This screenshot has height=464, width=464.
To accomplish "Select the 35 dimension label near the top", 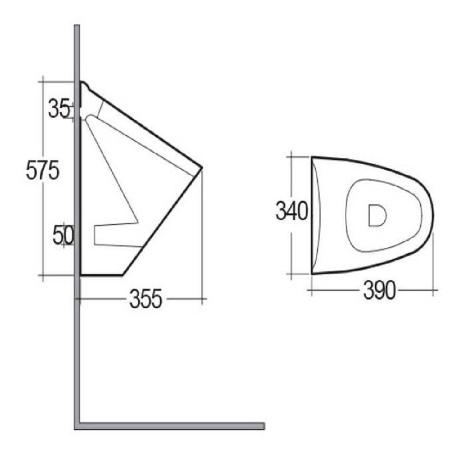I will [58, 110].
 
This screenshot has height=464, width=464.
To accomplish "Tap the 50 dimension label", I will [63, 235].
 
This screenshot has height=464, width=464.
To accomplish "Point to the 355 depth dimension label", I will [146, 299].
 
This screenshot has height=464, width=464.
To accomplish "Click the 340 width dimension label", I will [291, 212].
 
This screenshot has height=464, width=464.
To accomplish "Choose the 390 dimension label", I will [379, 291].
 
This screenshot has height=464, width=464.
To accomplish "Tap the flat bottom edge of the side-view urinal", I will [101, 275].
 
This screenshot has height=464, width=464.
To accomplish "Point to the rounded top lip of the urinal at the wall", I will [84, 84].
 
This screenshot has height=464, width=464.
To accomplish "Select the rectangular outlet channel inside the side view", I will [116, 235].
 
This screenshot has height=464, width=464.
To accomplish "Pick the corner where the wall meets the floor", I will [77, 426].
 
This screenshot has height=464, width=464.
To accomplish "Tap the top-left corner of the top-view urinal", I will [312, 158].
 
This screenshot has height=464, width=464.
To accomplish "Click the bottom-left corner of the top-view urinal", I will [312, 274].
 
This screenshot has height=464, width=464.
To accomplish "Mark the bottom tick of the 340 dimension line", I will [291, 274].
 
